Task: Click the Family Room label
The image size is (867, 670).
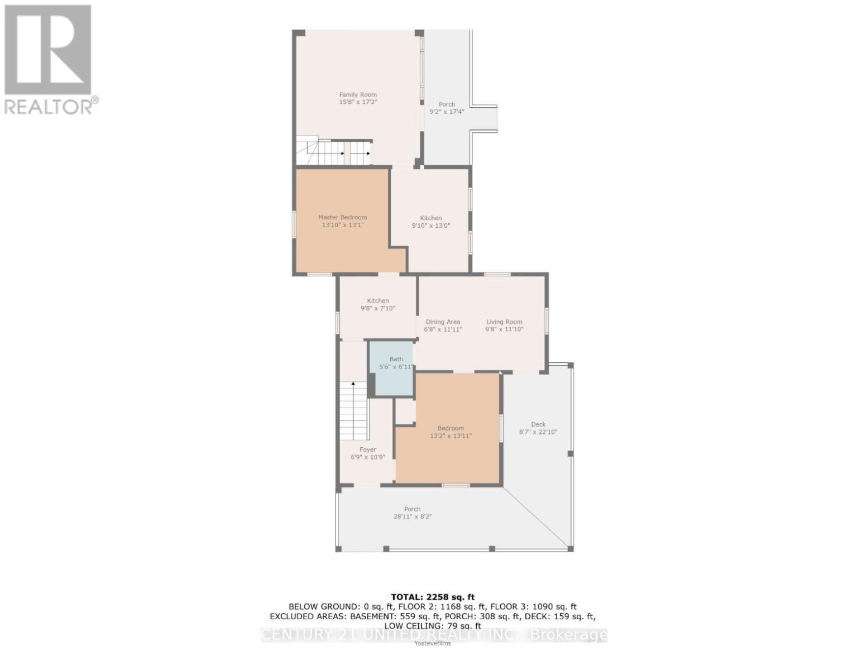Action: coord(358,95)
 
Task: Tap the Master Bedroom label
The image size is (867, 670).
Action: coord(342,217)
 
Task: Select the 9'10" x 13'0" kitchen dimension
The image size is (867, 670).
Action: coord(430,226)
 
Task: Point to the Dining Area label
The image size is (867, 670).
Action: coord(443,322)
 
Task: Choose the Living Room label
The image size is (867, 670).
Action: coord(504,322)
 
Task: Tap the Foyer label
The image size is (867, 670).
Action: coord(367,449)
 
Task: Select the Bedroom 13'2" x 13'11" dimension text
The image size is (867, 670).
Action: coord(451,436)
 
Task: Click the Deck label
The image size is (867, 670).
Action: coord(538,424)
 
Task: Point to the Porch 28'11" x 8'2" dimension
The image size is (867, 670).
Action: coord(412,517)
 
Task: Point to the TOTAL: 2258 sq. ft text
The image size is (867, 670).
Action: coord(433,597)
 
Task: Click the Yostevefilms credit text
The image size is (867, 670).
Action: coord(433,643)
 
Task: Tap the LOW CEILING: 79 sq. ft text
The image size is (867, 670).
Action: coord(433,626)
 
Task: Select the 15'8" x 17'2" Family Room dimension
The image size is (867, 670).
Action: coord(358,103)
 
